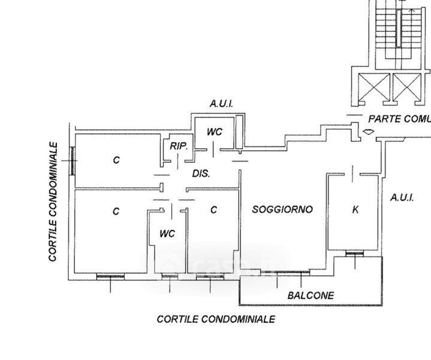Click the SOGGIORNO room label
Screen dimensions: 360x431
click(x=282, y=209)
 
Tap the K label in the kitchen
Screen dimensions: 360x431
click(x=355, y=209)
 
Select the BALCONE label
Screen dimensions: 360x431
click(x=310, y=295)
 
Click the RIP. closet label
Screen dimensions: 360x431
click(x=179, y=146)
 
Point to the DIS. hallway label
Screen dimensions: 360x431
click(x=200, y=174)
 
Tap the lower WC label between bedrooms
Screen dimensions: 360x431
click(x=167, y=233)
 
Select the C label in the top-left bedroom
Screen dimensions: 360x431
click(x=116, y=160)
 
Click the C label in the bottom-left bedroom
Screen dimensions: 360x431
click(x=116, y=211)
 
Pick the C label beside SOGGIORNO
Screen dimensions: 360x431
click(x=213, y=209)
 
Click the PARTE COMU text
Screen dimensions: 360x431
click(x=399, y=118)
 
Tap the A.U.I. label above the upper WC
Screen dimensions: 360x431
click(x=221, y=104)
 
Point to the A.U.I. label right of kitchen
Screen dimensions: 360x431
click(x=402, y=197)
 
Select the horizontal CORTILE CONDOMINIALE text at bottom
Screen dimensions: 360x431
click(x=216, y=319)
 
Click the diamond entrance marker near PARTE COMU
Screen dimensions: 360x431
click(x=368, y=131)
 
